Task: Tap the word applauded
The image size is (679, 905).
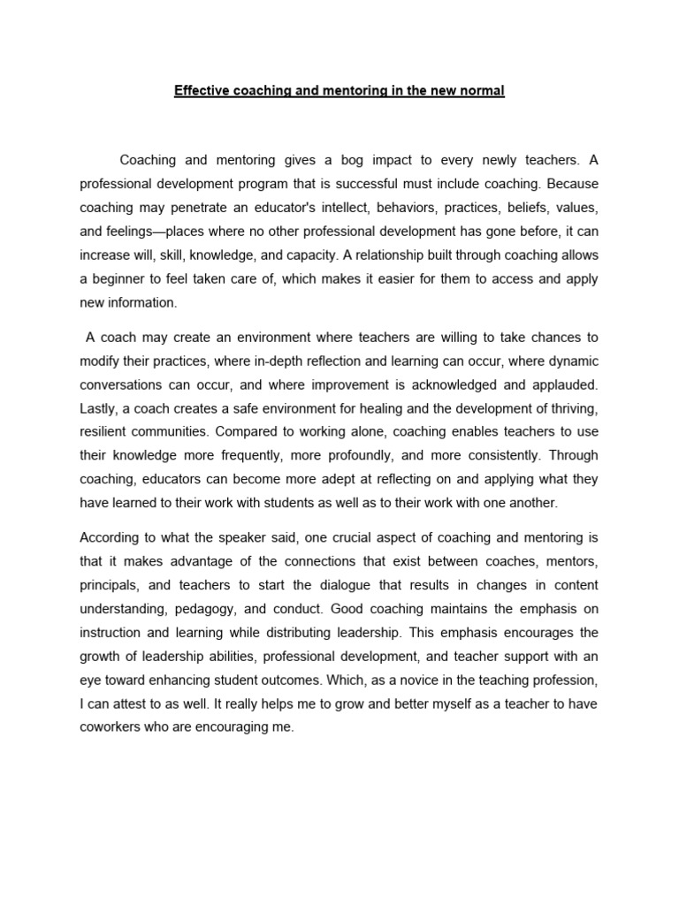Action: [563, 384]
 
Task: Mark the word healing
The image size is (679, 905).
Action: [385, 408]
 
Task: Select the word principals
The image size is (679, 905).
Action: [110, 585]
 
